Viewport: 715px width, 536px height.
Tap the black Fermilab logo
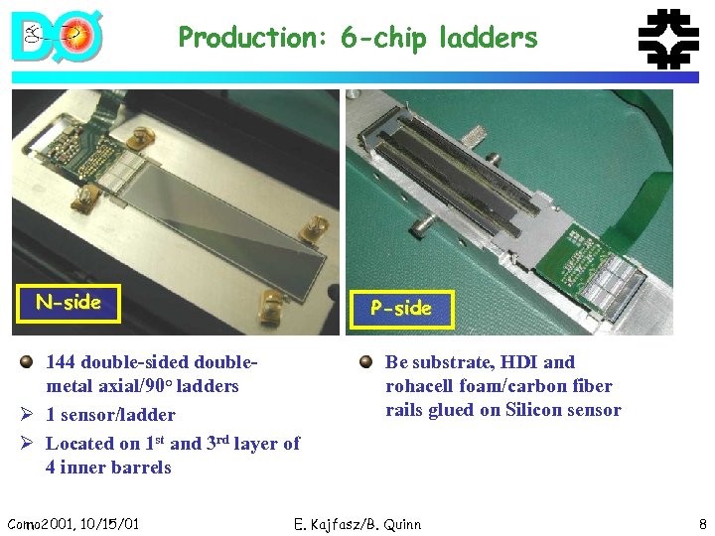[x=666, y=41]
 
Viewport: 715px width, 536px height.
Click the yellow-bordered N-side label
[x=69, y=303]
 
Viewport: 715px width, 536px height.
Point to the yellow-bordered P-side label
[x=401, y=309]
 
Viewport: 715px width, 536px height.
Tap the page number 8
[x=701, y=524]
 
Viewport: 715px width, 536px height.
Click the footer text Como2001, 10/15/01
[x=72, y=524]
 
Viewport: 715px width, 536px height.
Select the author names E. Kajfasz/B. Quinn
[x=357, y=524]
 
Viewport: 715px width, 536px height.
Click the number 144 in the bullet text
[x=63, y=362]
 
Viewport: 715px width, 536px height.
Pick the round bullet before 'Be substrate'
[x=366, y=362]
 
